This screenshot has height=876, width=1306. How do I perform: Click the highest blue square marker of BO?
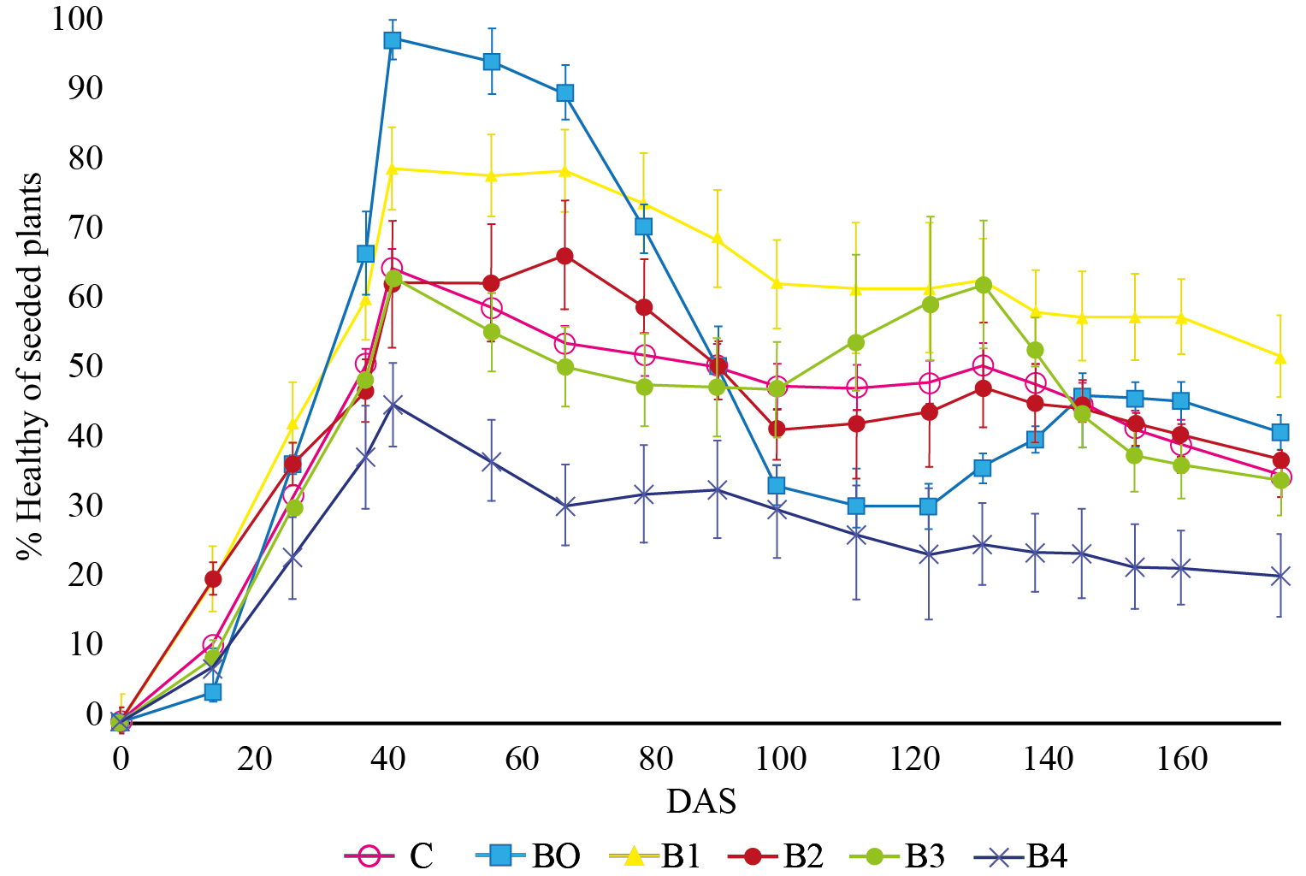pos(393,40)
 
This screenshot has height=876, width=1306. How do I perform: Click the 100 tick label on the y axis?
pos(77,18)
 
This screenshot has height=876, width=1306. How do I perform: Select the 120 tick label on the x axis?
pos(915,758)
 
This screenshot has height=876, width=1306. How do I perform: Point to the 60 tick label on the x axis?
pos(522,758)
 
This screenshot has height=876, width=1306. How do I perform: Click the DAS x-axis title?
pos(701,802)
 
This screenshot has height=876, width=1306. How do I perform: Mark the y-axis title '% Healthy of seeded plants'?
pos(31,366)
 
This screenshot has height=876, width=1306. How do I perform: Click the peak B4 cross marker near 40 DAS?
pos(393,404)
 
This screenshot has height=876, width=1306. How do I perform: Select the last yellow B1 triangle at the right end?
pos(1280,356)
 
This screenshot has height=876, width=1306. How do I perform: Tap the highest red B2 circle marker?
pos(564,256)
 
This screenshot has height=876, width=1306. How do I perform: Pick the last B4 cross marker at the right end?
pos(1280,577)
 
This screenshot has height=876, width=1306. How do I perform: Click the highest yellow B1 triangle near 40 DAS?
pos(393,169)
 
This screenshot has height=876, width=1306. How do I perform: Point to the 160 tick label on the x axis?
pos(1183,758)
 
